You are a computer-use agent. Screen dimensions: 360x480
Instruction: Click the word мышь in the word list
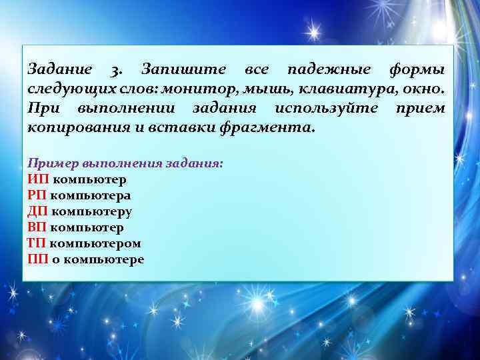(294, 89)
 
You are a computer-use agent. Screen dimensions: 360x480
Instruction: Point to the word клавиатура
(362, 89)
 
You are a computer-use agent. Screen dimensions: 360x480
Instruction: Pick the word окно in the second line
(427, 89)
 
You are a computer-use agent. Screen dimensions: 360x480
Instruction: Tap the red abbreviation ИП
(38, 179)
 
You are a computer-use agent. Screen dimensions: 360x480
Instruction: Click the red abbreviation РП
(37, 195)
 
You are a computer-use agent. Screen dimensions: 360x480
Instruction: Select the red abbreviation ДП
(37, 211)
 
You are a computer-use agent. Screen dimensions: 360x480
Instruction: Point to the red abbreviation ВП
(37, 227)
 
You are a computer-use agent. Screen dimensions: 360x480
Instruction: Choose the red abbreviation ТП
(37, 243)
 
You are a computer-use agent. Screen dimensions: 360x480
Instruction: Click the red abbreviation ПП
(38, 259)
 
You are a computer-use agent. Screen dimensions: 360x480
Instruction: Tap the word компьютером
(95, 243)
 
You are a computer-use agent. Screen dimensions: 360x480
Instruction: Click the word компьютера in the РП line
(91, 195)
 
